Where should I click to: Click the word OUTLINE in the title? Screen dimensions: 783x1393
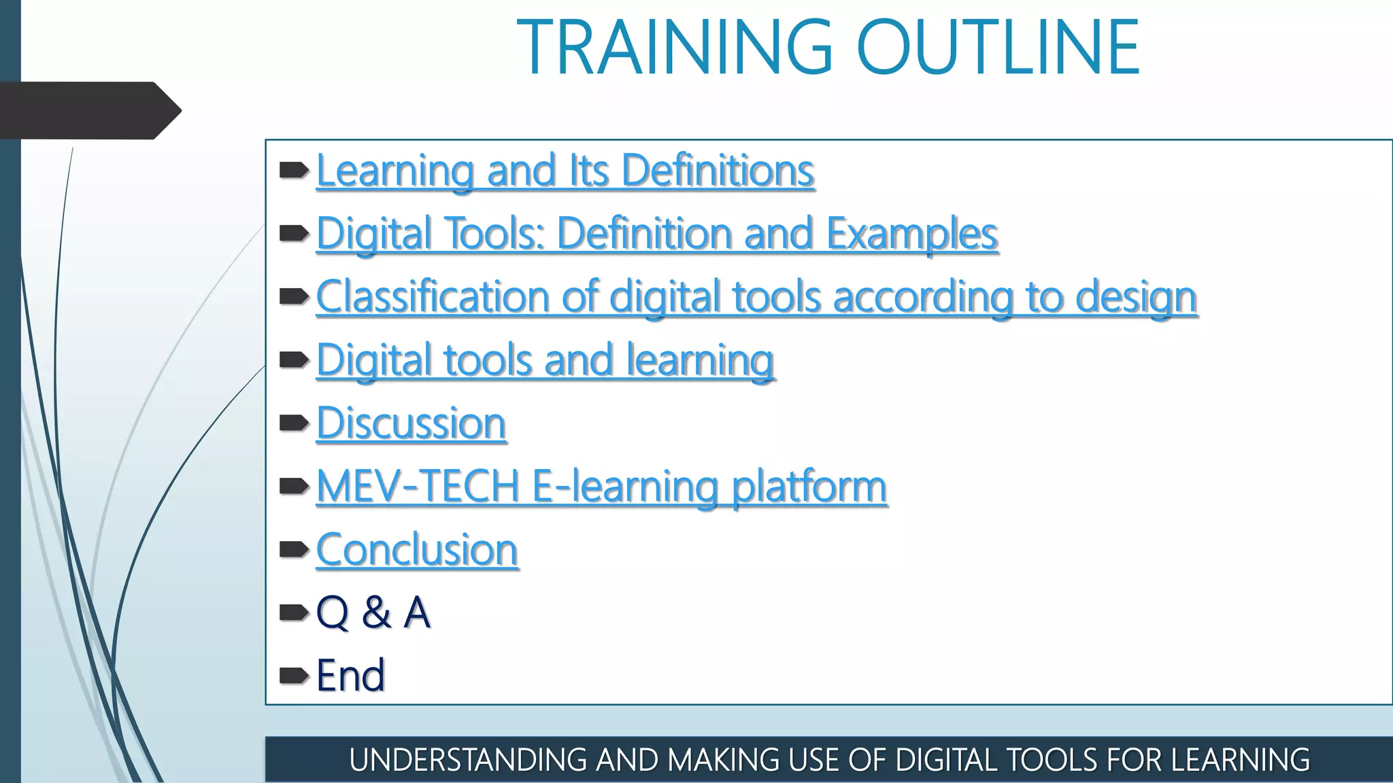[x=998, y=48]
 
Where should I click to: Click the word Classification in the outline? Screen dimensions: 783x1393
[x=433, y=297]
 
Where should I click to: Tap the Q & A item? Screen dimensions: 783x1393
[x=373, y=612]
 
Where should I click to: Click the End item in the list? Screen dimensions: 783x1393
[x=350, y=676]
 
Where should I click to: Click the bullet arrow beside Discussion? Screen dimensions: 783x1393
[x=294, y=423]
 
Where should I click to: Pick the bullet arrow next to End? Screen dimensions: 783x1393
[x=294, y=676]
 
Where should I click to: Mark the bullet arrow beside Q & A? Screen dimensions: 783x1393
[x=294, y=612]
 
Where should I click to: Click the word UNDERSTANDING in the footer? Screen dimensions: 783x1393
[x=468, y=760]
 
